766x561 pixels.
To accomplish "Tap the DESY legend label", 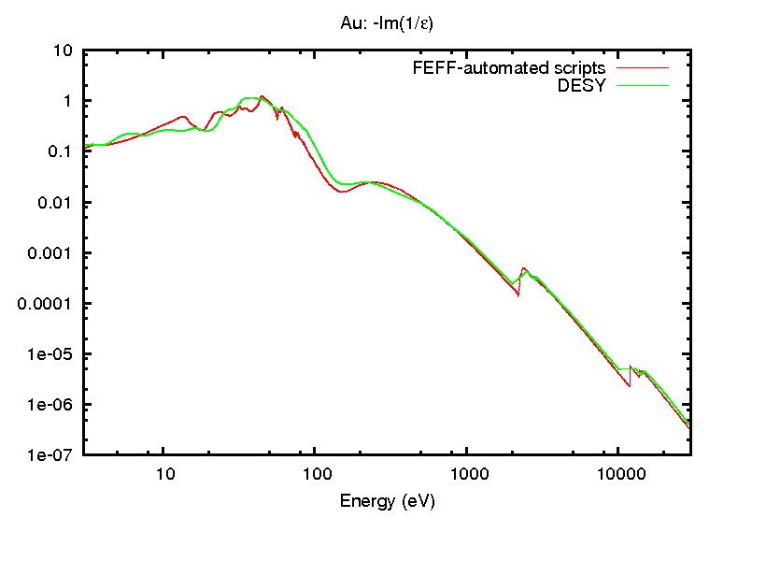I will coord(581,85).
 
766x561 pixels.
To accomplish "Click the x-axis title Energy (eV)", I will coord(387,500).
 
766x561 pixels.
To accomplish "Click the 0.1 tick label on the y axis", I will coord(63,151).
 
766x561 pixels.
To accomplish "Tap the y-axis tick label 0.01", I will coord(59,203).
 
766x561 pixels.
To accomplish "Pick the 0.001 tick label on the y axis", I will coord(55,253).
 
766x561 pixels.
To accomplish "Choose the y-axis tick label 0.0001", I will coord(51,304).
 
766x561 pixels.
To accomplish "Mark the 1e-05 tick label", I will coord(55,354).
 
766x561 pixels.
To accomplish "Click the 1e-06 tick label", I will coord(55,405).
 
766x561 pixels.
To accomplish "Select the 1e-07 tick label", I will coord(55,455).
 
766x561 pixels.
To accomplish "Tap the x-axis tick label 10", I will coord(163,472).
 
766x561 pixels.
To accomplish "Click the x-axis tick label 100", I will coord(316,472).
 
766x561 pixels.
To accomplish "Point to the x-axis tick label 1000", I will coord(468,472).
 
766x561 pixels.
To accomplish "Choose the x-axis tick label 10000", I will coord(619,472).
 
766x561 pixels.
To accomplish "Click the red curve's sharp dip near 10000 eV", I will coord(630,385).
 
